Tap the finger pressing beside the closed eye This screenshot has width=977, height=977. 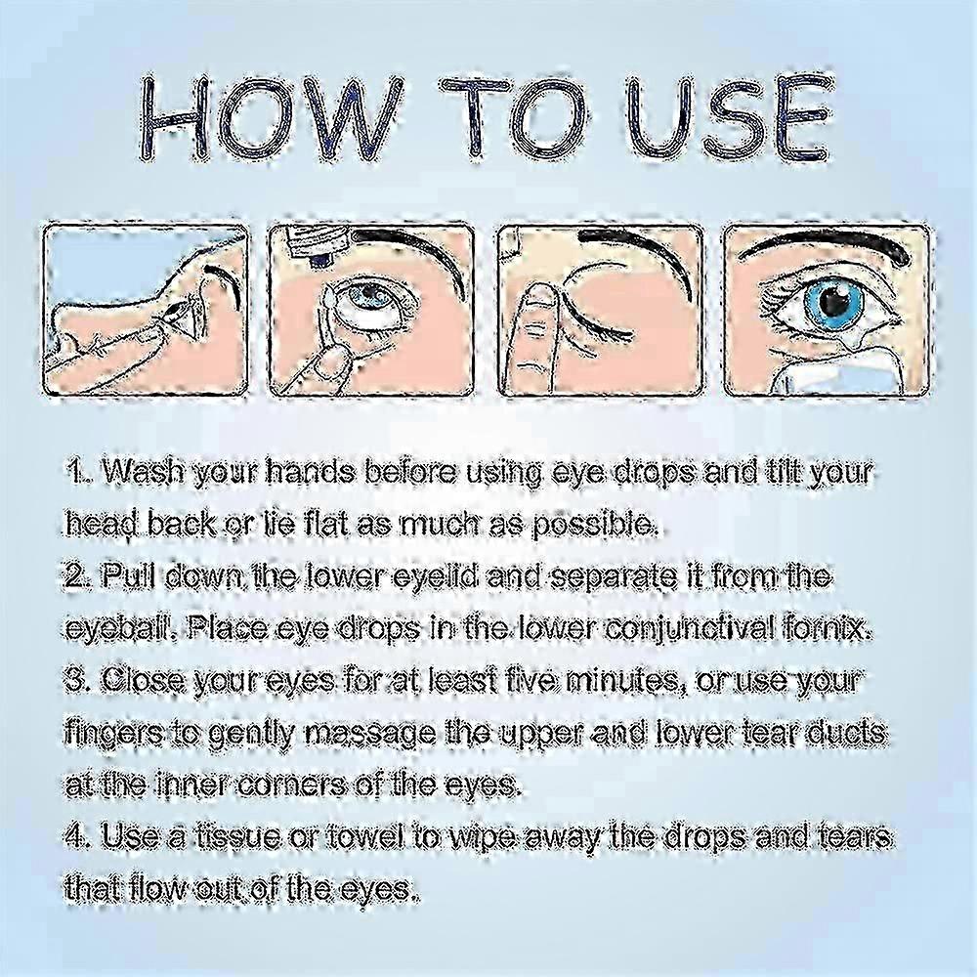tap(536, 332)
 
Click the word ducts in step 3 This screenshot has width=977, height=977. tap(839, 734)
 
